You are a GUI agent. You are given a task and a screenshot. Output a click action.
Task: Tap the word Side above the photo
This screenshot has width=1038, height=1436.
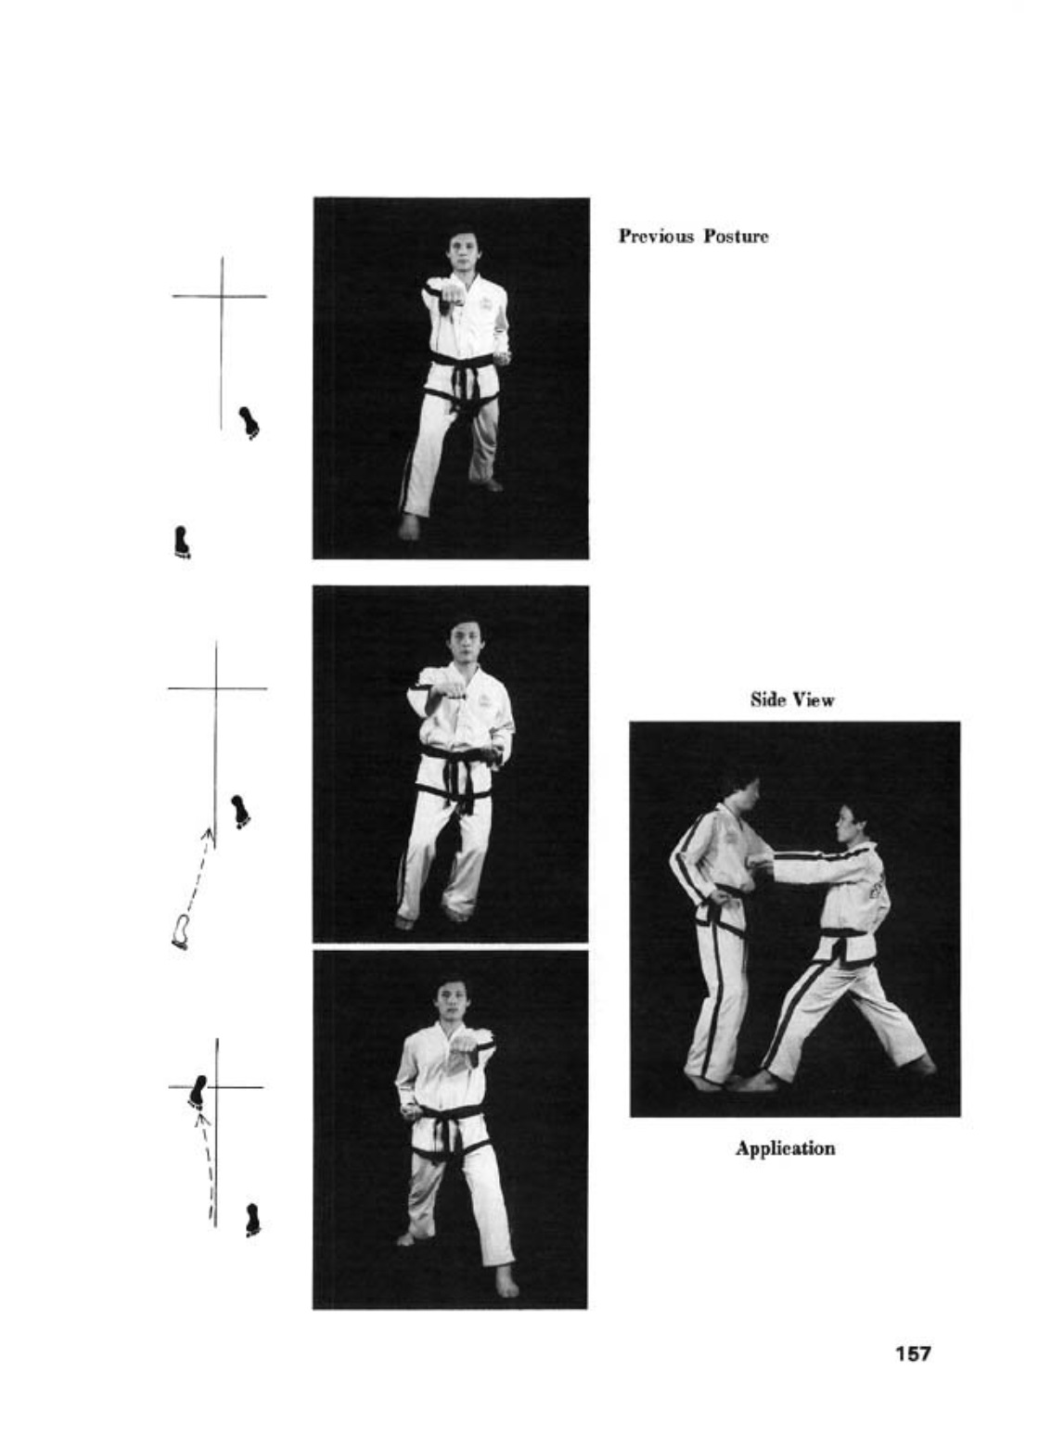[768, 699]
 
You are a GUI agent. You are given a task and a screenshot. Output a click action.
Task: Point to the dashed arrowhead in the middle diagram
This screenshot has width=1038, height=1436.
[208, 834]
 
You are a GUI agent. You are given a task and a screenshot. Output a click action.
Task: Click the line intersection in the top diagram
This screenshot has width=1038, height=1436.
[222, 296]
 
